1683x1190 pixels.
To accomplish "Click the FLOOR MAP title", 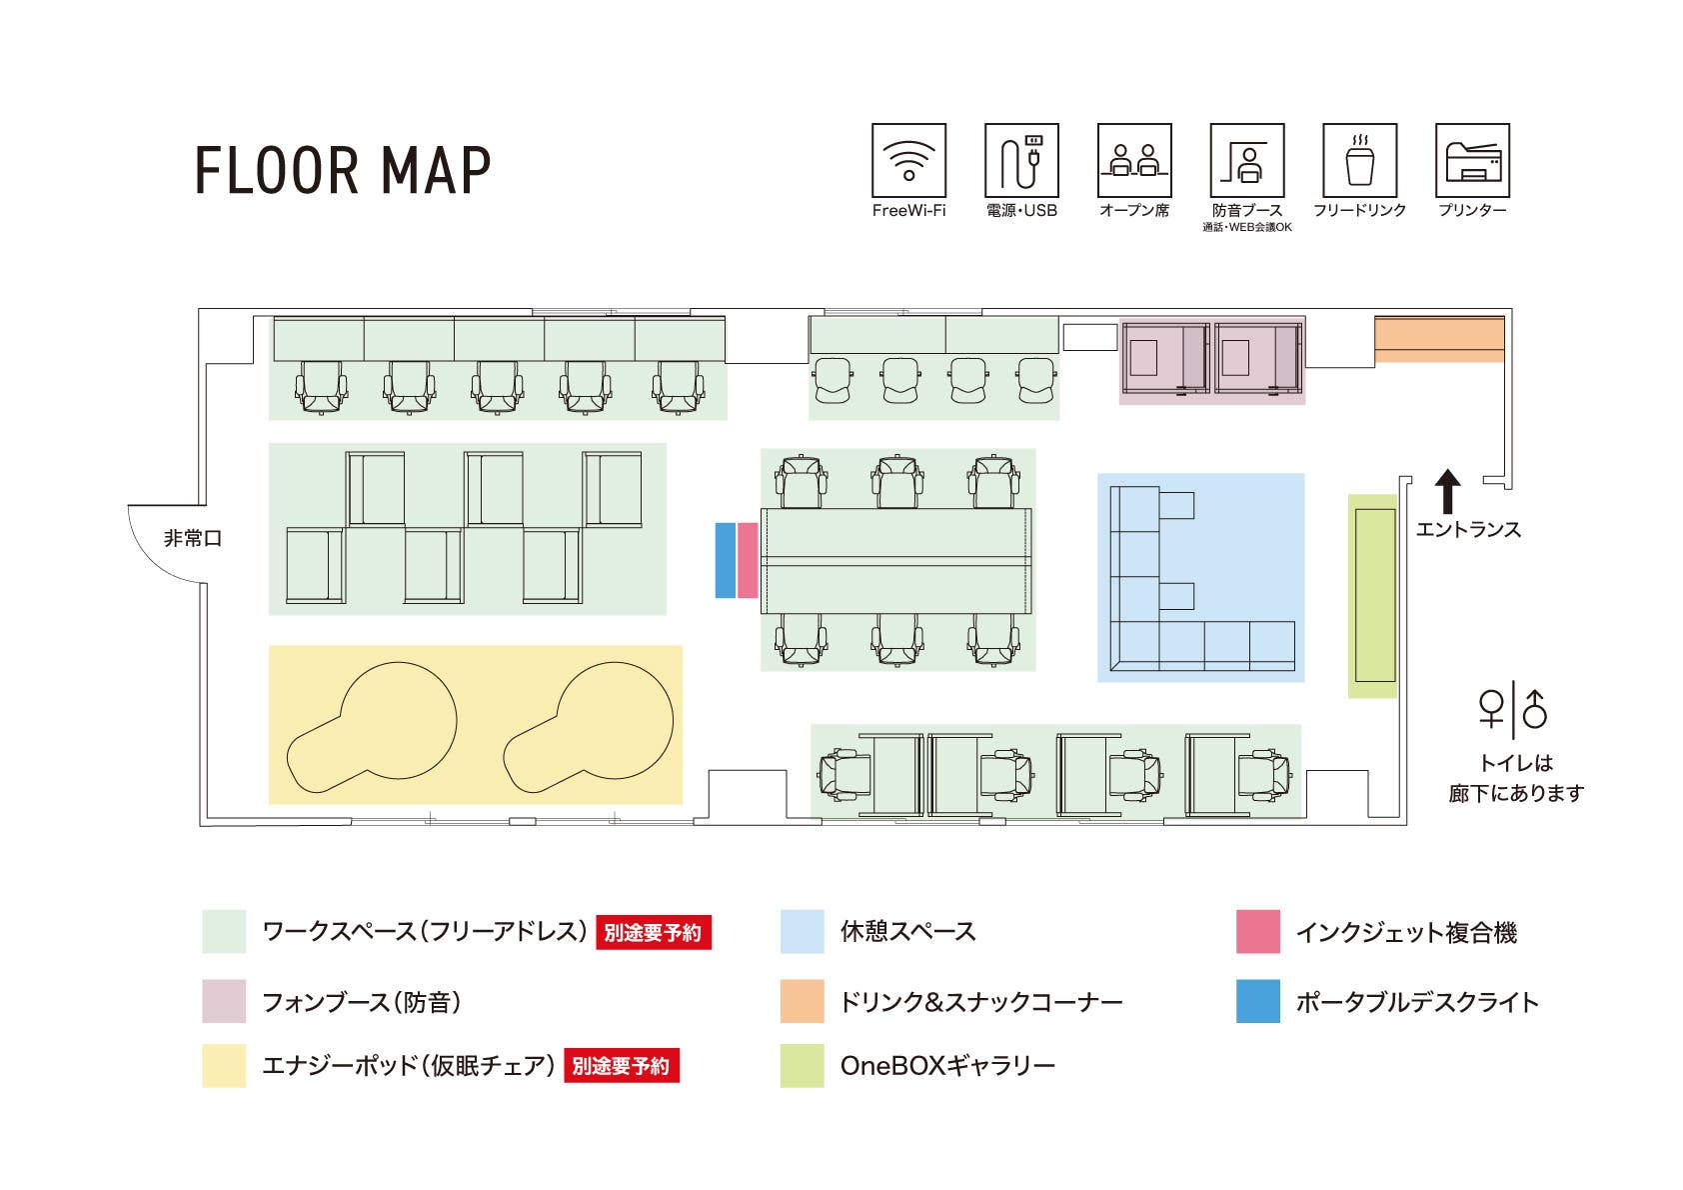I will [x=343, y=170].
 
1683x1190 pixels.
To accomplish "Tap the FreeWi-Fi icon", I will [x=908, y=160].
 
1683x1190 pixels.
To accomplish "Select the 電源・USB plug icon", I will [x=1021, y=160].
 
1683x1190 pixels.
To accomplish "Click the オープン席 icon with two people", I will [x=1134, y=160].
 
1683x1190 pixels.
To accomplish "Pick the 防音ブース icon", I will [x=1246, y=160].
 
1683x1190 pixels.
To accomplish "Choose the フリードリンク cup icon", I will [x=1359, y=160].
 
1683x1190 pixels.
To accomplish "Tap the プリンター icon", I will [x=1472, y=160].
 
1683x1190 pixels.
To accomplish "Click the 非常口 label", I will [x=193, y=539].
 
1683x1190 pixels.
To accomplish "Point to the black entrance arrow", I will [x=1447, y=492].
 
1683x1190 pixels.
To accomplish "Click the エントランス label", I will [x=1468, y=530].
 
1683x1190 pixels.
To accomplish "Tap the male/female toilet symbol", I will [x=1513, y=709].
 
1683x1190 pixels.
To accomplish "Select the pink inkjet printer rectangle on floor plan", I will [x=748, y=560].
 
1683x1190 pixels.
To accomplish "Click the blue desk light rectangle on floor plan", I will [x=726, y=560].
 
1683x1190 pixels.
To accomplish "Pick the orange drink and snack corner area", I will [x=1439, y=339].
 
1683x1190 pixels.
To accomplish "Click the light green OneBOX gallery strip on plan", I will [x=1373, y=596].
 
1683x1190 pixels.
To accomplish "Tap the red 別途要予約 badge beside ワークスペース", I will [x=654, y=933].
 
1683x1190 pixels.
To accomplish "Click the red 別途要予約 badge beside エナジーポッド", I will [x=622, y=1066].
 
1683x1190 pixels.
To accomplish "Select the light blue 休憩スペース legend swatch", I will [x=802, y=932].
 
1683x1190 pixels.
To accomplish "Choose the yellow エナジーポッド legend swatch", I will [x=224, y=1066].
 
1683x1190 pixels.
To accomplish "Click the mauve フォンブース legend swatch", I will [x=224, y=1001].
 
